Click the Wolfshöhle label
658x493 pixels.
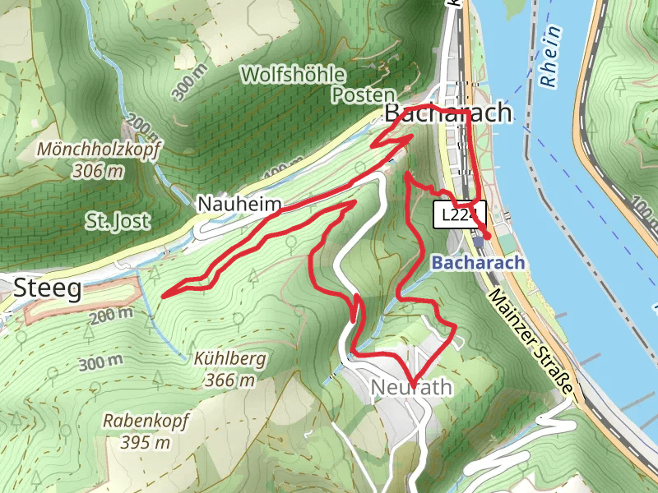pyautogui.click(x=292, y=75)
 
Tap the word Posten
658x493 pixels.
pyautogui.click(x=363, y=95)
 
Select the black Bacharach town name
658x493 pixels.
pyautogui.click(x=448, y=114)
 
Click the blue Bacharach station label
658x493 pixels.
pyautogui.click(x=478, y=264)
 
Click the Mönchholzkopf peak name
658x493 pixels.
pyautogui.click(x=100, y=150)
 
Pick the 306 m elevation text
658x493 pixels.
pyautogui.click(x=97, y=171)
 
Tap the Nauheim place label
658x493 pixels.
pyautogui.click(x=239, y=204)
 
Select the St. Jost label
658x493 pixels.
pyautogui.click(x=117, y=220)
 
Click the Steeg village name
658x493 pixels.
pyautogui.click(x=48, y=288)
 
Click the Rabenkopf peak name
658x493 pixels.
pyautogui.click(x=146, y=421)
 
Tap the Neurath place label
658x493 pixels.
pyautogui.click(x=410, y=387)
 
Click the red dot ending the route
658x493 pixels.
pyautogui.click(x=487, y=236)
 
